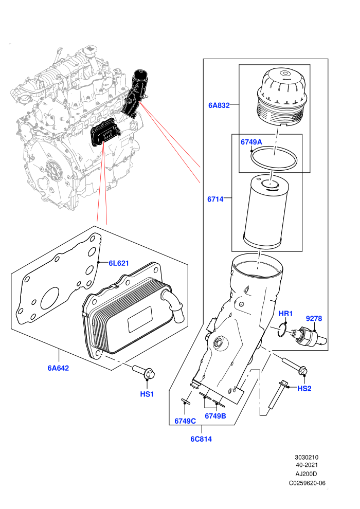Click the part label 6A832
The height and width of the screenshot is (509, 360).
pos(219,105)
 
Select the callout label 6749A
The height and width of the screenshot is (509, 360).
pos(251,142)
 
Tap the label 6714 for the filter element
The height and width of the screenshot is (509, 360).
pos(215,199)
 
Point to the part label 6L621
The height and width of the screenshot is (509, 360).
pos(118,263)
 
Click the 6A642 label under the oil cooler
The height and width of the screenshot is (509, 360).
pos(59,368)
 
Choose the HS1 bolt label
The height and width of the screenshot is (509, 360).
pos(147,394)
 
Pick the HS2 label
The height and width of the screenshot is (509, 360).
pos(304,388)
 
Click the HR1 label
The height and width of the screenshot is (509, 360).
pos(285,314)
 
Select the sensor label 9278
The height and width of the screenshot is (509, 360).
pos(314,318)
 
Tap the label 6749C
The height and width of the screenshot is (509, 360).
pos(185,421)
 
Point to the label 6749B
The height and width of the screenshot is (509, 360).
pos(215,416)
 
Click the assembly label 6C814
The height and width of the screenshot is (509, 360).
pos(201,439)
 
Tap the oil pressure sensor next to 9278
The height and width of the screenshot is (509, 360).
pos(309,337)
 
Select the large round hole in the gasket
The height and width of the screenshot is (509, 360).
pos(50,299)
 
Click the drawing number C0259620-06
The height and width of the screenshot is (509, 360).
pos(307,483)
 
